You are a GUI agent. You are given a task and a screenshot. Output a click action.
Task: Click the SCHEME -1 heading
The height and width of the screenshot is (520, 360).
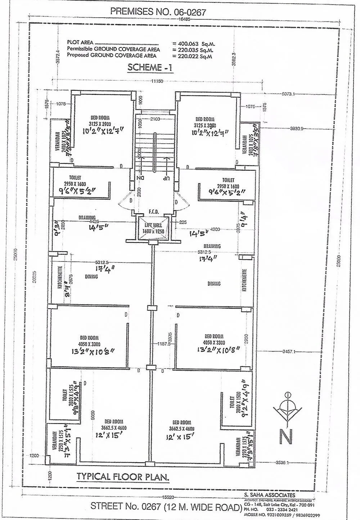click(150, 68)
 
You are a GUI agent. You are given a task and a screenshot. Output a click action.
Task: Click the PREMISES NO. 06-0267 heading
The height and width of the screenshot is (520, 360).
click(158, 12)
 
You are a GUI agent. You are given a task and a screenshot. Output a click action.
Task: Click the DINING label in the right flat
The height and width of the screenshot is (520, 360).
click(214, 284)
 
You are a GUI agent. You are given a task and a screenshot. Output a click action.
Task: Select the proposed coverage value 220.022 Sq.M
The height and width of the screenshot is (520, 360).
click(193, 56)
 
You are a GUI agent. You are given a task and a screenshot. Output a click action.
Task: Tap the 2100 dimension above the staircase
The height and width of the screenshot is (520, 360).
click(155, 119)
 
